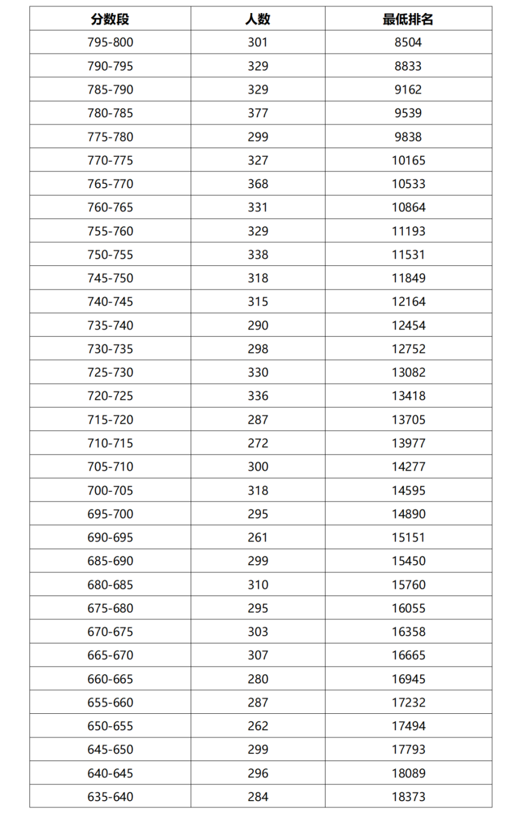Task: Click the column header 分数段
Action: [x=110, y=20]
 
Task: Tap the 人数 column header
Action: [x=258, y=20]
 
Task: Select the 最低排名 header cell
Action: [x=408, y=20]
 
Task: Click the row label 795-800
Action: [x=110, y=42]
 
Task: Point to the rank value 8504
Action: [x=408, y=42]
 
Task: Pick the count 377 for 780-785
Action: [x=258, y=113]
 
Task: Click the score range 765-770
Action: [x=110, y=184]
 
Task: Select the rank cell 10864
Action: [x=408, y=207]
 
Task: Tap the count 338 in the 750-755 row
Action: [x=258, y=254]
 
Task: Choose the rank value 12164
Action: [x=408, y=302]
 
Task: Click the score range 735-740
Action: [x=110, y=325]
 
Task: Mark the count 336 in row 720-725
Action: [x=258, y=396]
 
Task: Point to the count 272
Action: [x=258, y=443]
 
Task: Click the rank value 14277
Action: [x=408, y=466]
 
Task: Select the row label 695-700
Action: [x=110, y=514]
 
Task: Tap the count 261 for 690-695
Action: [x=258, y=538]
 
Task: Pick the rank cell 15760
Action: [x=408, y=585]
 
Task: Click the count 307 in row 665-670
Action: [x=258, y=655]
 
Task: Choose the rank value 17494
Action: [x=408, y=726]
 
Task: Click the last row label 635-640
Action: [x=110, y=797]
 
